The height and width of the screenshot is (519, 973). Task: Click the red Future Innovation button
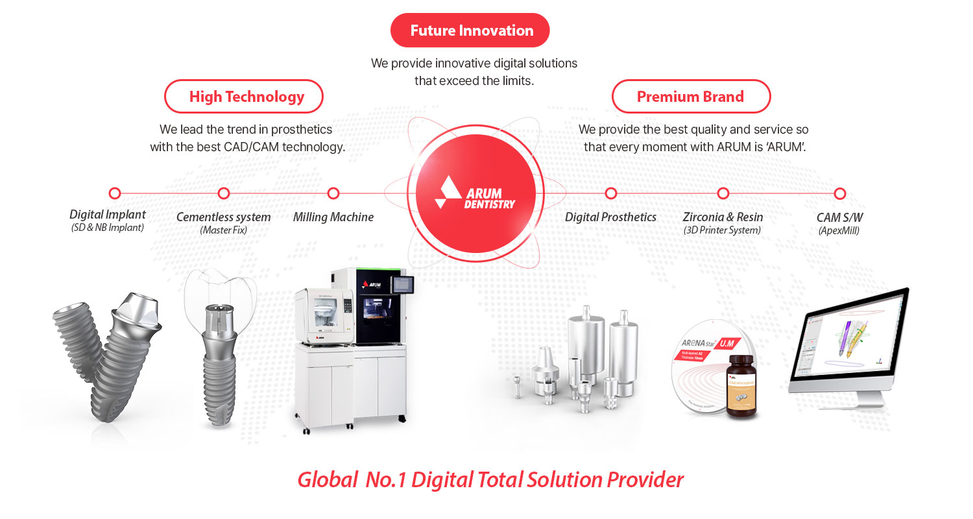click(x=470, y=30)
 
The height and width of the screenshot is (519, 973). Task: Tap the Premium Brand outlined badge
click(x=691, y=97)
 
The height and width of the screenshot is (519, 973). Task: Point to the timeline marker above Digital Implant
click(x=115, y=193)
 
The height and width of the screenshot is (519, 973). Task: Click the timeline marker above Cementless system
click(x=224, y=193)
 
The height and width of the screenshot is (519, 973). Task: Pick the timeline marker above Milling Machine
click(x=333, y=193)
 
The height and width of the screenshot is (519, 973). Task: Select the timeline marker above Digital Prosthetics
click(x=610, y=193)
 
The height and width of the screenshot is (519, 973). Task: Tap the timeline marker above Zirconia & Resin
click(x=723, y=193)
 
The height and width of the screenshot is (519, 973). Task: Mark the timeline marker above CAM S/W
click(x=839, y=193)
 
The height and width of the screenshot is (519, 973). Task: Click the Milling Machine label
click(x=333, y=217)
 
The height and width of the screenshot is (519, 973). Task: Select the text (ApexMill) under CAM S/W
click(x=839, y=230)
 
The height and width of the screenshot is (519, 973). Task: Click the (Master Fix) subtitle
click(x=224, y=230)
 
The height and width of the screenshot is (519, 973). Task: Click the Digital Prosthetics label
click(x=610, y=217)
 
